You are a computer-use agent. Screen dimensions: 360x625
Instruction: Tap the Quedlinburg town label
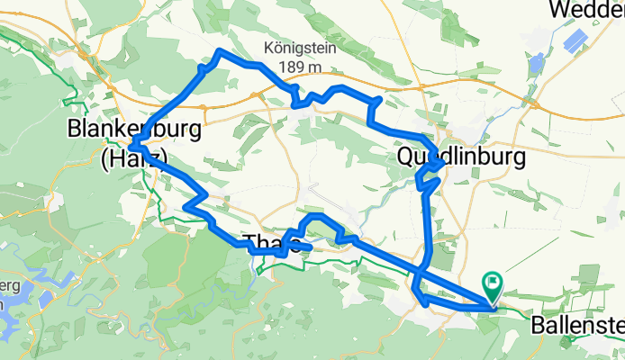460,158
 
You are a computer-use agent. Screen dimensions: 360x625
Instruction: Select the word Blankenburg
134,130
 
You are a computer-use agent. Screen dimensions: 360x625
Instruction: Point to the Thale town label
270,241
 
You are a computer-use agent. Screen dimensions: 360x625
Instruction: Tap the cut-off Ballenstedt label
576,323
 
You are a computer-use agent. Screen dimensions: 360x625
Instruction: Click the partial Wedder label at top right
585,11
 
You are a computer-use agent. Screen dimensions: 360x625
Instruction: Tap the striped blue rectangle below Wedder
575,40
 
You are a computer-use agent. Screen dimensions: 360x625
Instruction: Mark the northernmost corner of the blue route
221,49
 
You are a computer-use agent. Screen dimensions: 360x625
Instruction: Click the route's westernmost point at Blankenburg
131,144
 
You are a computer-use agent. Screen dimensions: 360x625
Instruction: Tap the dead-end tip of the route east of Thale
309,247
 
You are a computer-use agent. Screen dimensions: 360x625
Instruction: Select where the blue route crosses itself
420,268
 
